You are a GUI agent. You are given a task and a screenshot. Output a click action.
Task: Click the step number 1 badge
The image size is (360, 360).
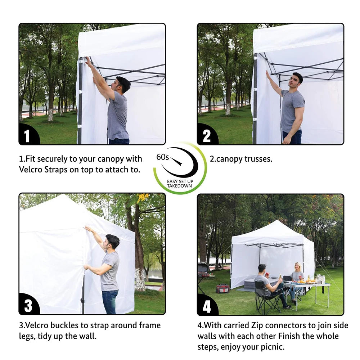pyautogui.click(x=27, y=136)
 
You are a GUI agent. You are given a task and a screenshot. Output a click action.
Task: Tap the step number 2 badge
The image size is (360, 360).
pyautogui.click(x=206, y=136)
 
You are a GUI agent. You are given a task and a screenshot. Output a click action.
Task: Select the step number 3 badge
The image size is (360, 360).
pyautogui.click(x=28, y=306)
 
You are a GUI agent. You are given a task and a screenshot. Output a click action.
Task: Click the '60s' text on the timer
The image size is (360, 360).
pyautogui.click(x=163, y=157)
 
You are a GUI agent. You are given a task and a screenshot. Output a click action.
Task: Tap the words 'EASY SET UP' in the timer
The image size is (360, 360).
pyautogui.click(x=180, y=182)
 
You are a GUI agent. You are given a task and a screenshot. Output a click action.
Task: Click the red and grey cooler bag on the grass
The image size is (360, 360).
pyautogui.click(x=223, y=289)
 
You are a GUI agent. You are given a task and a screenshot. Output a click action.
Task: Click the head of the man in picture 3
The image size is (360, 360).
pyautogui.click(x=112, y=241)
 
